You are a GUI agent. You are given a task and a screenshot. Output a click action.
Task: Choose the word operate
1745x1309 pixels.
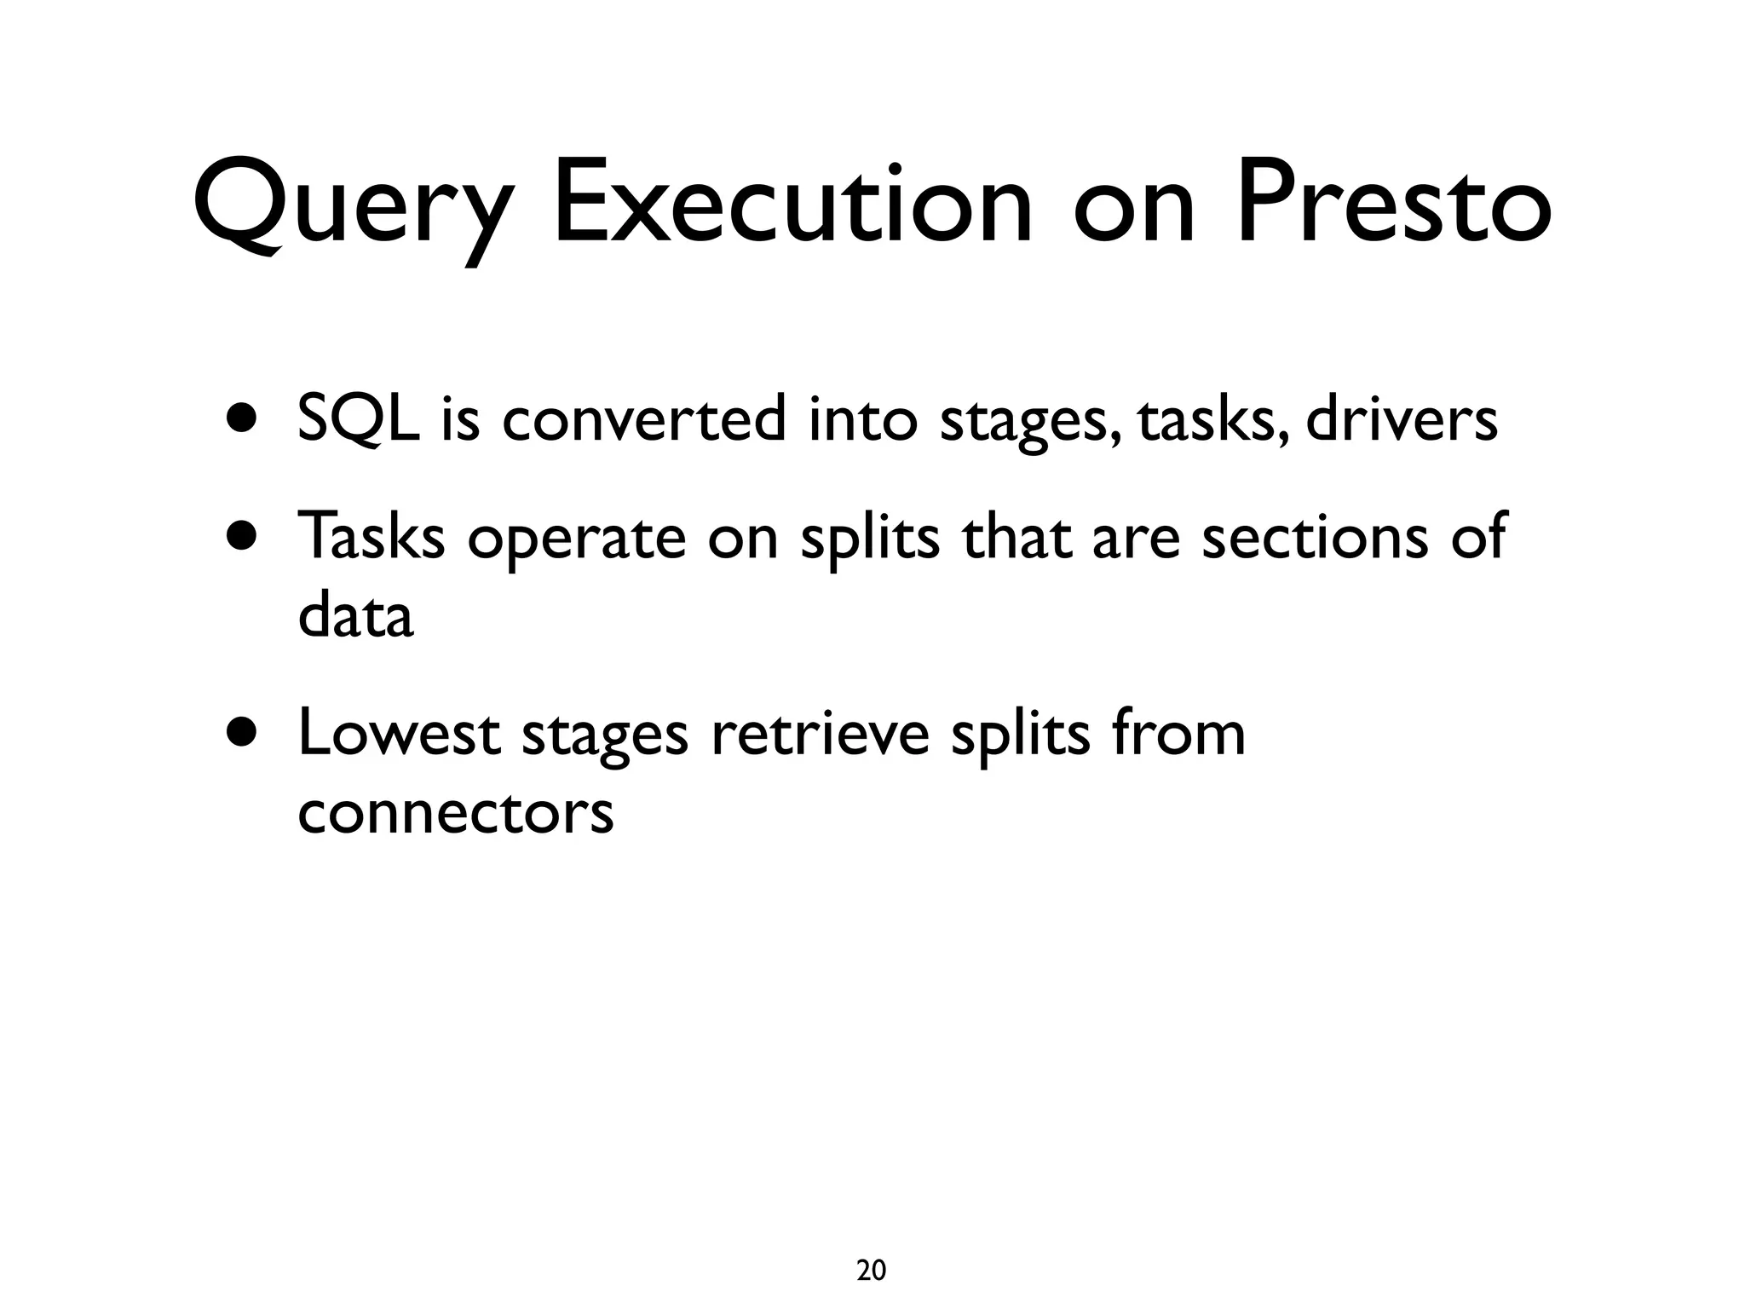click(577, 539)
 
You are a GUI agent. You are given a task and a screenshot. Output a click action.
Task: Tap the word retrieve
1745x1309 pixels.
click(820, 733)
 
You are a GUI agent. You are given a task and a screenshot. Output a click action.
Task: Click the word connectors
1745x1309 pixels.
click(455, 813)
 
